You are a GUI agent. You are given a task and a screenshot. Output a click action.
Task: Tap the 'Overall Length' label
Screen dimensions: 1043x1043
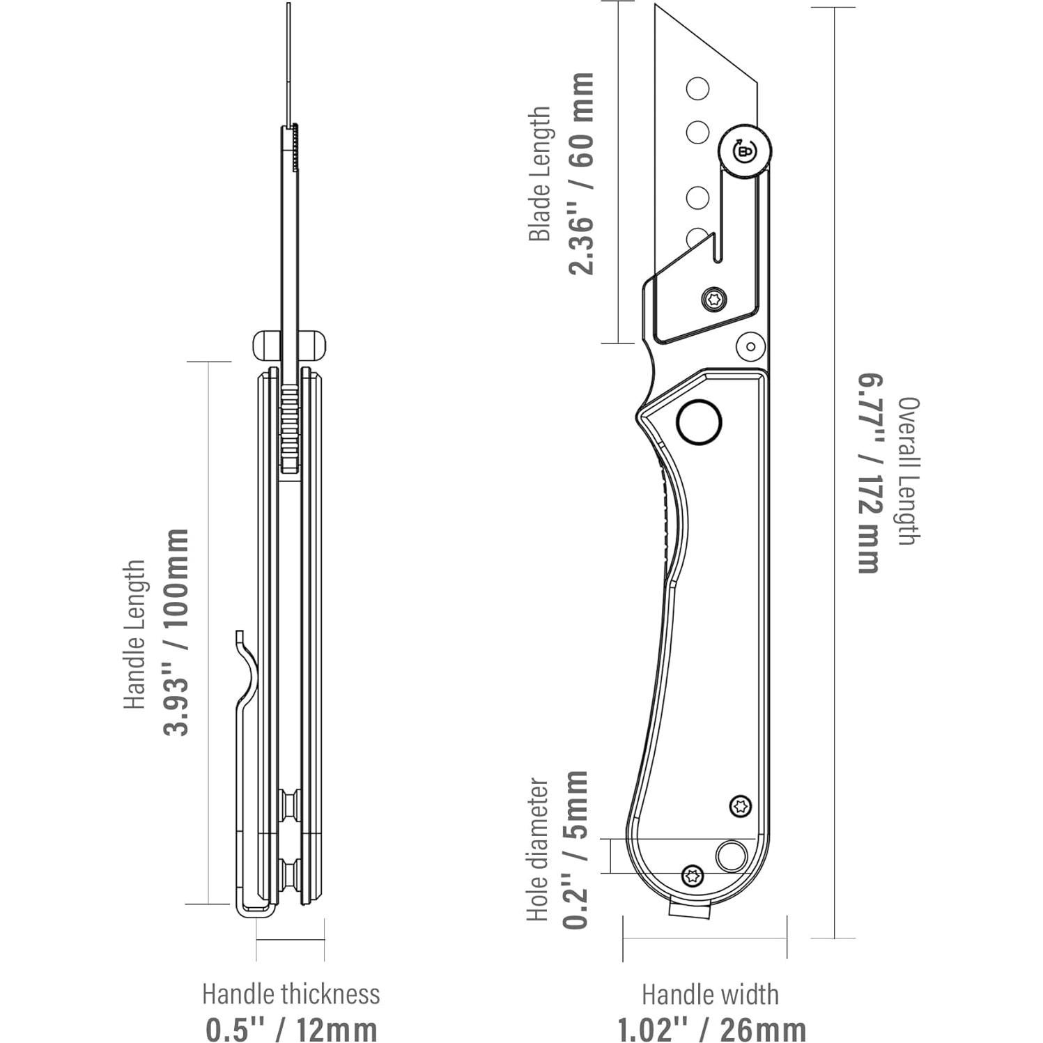click(x=909, y=471)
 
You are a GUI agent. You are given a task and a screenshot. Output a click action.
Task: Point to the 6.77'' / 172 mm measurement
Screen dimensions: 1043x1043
click(x=868, y=474)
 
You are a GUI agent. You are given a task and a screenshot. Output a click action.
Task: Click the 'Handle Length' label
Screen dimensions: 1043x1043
click(x=135, y=634)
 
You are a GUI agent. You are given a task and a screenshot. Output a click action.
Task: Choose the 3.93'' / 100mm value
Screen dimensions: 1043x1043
click(x=176, y=632)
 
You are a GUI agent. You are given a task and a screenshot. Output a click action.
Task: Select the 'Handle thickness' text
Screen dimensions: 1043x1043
click(x=291, y=994)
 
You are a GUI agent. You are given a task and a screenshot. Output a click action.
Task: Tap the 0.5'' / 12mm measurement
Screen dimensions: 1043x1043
click(x=291, y=1028)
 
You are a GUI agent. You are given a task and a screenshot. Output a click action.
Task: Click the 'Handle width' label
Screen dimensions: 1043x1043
click(x=710, y=994)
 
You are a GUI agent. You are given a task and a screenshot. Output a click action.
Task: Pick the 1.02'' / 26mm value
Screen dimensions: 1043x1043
click(x=711, y=1028)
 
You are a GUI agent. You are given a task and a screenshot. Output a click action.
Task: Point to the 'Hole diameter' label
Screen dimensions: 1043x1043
click(x=538, y=850)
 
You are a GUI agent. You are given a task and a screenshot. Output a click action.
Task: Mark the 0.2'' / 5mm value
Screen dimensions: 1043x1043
click(x=577, y=850)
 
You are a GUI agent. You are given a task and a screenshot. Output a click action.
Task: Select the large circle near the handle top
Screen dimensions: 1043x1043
click(x=699, y=422)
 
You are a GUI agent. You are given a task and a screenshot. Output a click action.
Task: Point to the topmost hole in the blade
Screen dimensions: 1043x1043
click(x=697, y=89)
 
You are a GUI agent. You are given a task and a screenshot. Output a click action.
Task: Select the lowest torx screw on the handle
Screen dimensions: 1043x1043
click(x=692, y=875)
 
